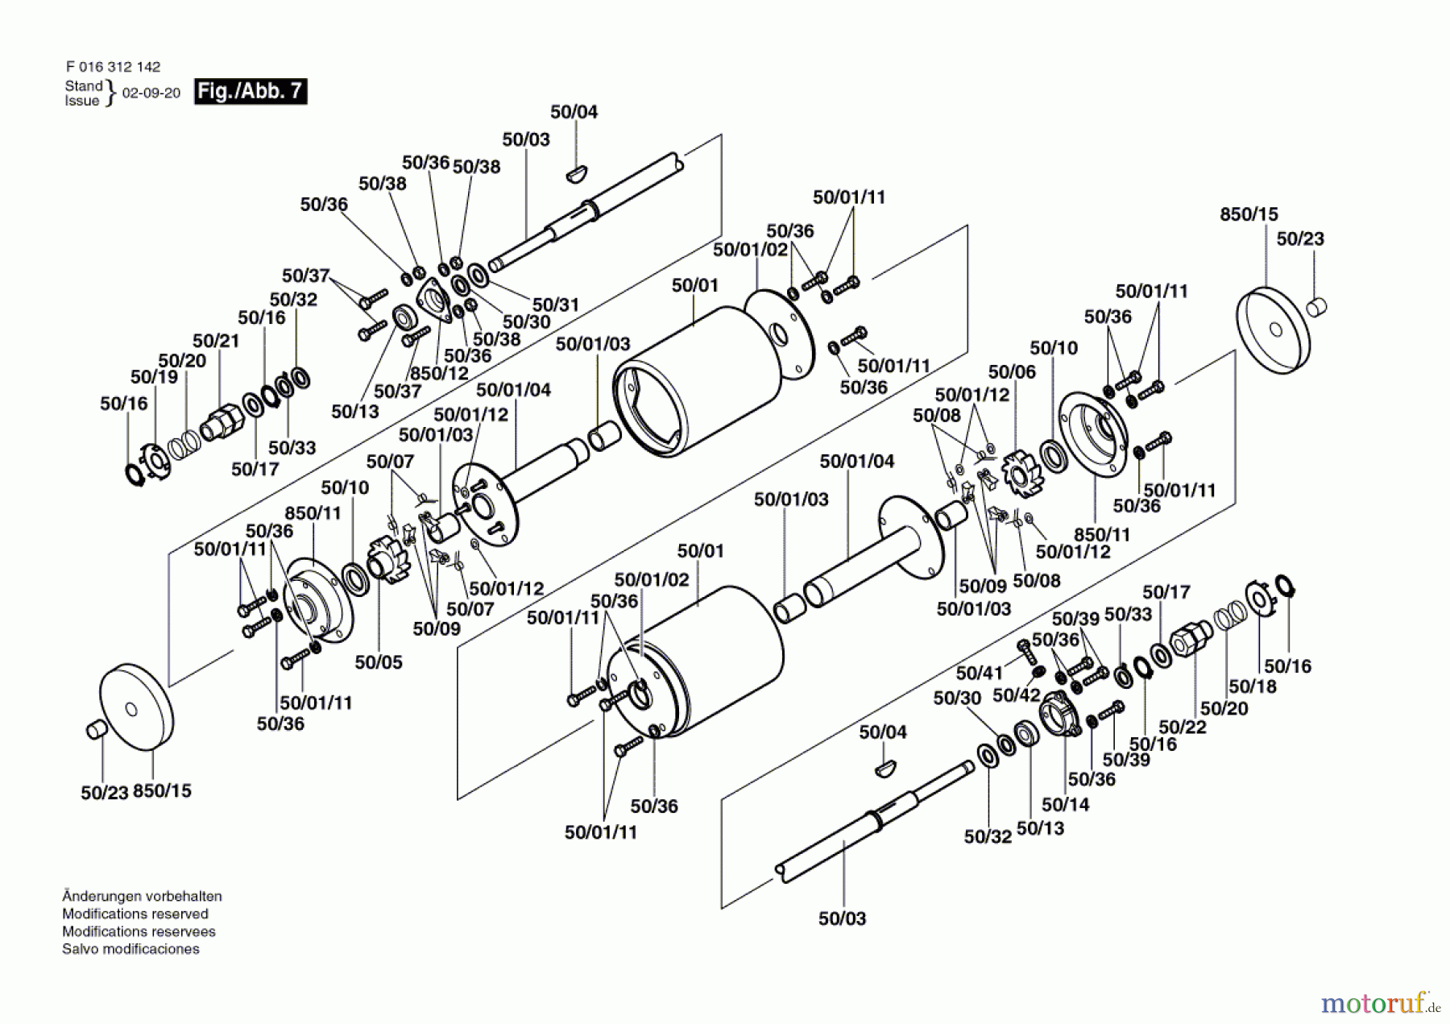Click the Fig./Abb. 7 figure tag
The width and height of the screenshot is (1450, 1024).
point(251,91)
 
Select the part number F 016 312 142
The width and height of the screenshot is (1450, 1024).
point(113,67)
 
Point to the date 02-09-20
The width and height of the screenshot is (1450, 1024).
point(151,93)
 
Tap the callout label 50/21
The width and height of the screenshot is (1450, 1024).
point(216,341)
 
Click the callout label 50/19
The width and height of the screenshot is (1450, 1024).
point(154,377)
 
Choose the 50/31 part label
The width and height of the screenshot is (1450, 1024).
point(556,305)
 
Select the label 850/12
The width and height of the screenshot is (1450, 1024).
point(439,373)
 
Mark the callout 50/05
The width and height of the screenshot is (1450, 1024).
point(379,662)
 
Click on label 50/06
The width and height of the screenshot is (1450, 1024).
point(1013,371)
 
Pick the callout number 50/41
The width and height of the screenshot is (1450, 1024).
point(980,673)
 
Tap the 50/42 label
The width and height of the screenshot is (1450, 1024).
point(1017,694)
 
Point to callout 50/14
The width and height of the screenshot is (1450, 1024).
point(1065,804)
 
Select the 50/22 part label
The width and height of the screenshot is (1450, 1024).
point(1183,727)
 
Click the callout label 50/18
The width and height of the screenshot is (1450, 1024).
point(1253,686)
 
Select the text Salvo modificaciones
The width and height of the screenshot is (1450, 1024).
point(130,949)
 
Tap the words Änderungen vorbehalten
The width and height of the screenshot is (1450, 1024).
point(142,896)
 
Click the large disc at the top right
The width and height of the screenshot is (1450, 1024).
point(1273,330)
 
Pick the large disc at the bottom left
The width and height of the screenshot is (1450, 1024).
point(136,708)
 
